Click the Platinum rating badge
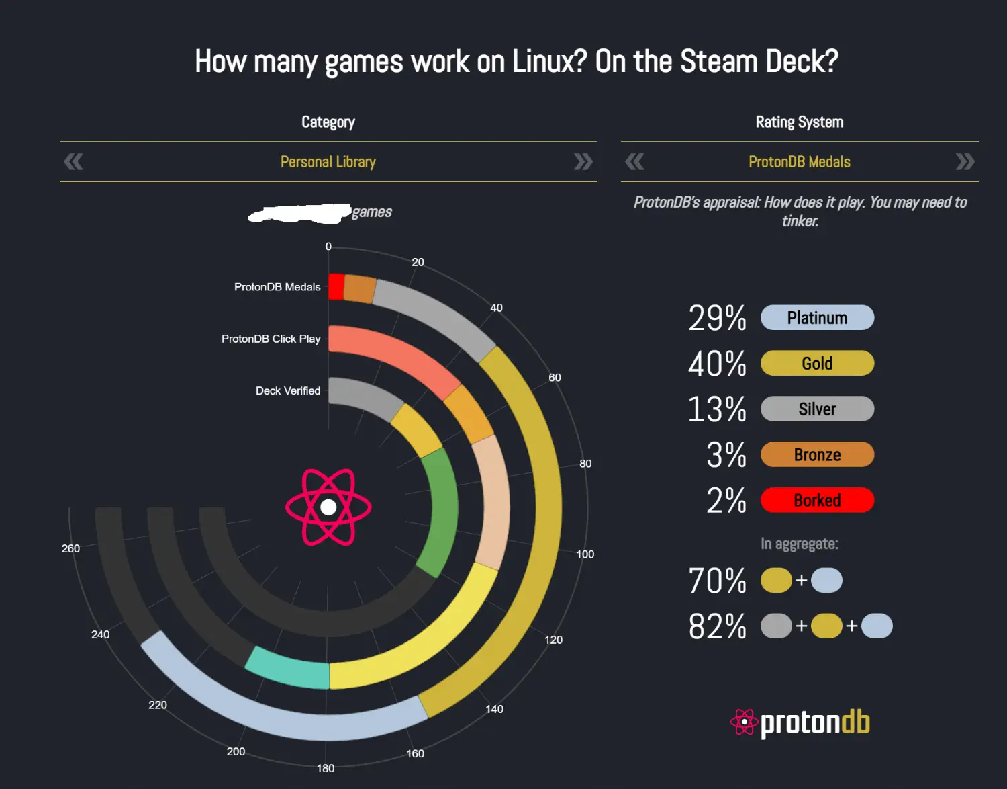click(x=817, y=318)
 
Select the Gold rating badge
click(x=817, y=364)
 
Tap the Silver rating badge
click(x=817, y=409)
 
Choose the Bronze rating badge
click(x=817, y=455)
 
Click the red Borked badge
click(x=817, y=501)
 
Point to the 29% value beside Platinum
click(x=717, y=319)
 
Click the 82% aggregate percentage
click(x=717, y=626)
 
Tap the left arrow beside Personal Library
click(x=73, y=162)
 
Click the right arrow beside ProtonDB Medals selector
click(x=965, y=162)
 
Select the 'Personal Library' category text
click(x=328, y=162)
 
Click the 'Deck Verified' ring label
click(x=288, y=390)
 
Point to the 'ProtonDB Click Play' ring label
click(x=271, y=339)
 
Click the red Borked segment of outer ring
click(x=336, y=286)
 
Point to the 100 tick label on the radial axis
click(x=585, y=554)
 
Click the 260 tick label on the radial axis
click(x=70, y=548)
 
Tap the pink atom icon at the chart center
click(x=328, y=507)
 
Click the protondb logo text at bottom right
click(x=814, y=723)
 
